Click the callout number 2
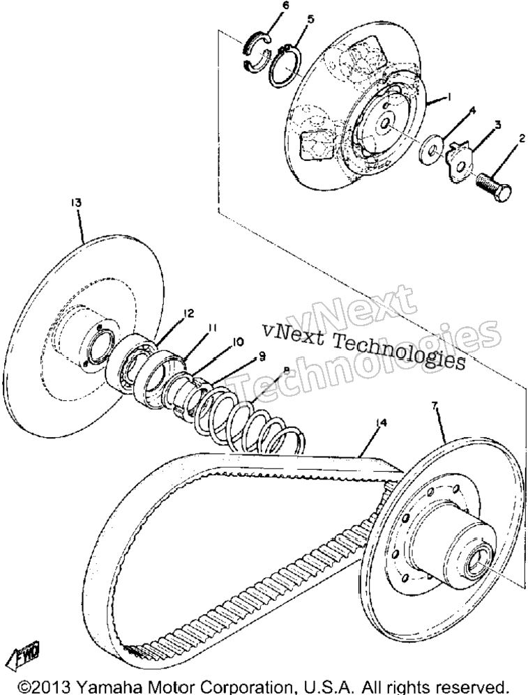click(x=522, y=139)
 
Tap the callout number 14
click(x=381, y=423)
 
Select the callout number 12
click(x=189, y=314)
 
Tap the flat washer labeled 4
click(x=430, y=151)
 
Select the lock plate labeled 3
click(x=459, y=162)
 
